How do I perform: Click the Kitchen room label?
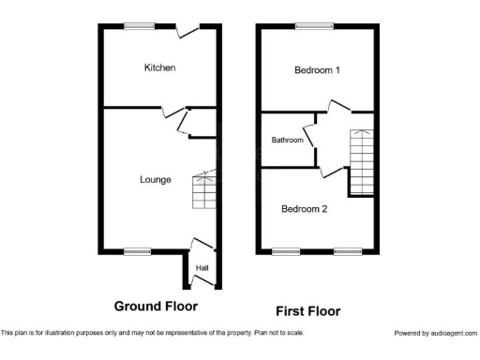159,67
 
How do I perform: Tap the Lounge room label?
156,179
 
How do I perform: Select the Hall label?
202,269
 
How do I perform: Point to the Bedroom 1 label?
317,70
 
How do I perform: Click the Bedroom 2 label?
305,209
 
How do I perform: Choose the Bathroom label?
287,141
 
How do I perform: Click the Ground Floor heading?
156,306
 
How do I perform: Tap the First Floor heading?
307,311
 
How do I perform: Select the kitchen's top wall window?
142,26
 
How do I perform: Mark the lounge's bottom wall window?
137,250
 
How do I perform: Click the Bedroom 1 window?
308,26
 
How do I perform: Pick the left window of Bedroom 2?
286,250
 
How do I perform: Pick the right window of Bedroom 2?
348,250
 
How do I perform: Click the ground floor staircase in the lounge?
204,191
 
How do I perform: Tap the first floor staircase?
362,160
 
